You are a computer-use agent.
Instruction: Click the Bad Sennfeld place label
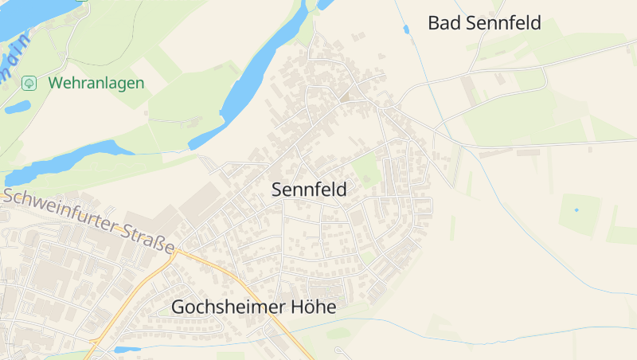[484, 23]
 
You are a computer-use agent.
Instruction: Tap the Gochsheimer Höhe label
[253, 307]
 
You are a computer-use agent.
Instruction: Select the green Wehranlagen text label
[96, 83]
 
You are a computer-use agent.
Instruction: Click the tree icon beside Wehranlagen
[29, 83]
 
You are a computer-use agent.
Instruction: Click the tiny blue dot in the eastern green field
[576, 209]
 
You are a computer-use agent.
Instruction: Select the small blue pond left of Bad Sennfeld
[407, 29]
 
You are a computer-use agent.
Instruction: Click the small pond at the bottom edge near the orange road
[126, 349]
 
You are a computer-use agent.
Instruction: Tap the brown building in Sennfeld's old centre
[345, 97]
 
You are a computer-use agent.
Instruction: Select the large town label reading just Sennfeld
[309, 190]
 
